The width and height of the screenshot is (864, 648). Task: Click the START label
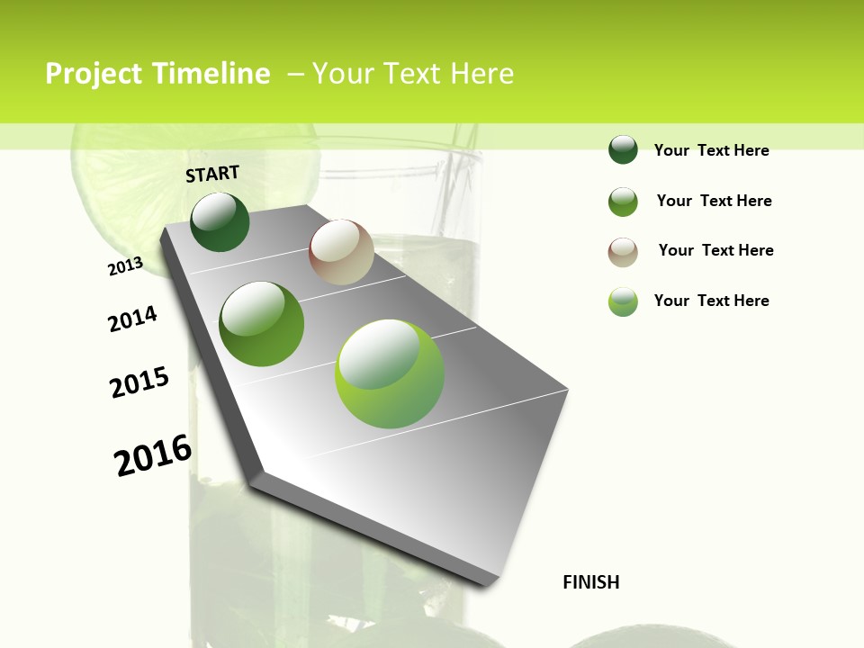212,174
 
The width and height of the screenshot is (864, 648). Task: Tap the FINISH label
591,582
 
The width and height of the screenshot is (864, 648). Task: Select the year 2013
125,266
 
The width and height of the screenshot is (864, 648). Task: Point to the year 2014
132,319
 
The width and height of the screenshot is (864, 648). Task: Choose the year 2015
139,382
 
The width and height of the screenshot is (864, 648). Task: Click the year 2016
153,455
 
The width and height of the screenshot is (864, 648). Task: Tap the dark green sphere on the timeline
220,222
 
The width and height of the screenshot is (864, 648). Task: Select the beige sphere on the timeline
341,252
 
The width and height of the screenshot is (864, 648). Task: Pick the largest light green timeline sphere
390,373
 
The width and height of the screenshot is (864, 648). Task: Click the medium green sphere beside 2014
262,324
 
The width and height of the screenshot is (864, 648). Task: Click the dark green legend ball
623,150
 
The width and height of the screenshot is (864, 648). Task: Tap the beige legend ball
623,251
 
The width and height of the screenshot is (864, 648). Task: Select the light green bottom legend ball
623,301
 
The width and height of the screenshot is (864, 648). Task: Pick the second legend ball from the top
623,202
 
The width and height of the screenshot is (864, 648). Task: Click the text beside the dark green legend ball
711,150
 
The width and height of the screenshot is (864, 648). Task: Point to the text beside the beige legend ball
715,250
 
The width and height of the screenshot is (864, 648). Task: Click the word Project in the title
94,74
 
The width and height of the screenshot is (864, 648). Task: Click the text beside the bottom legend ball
711,301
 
